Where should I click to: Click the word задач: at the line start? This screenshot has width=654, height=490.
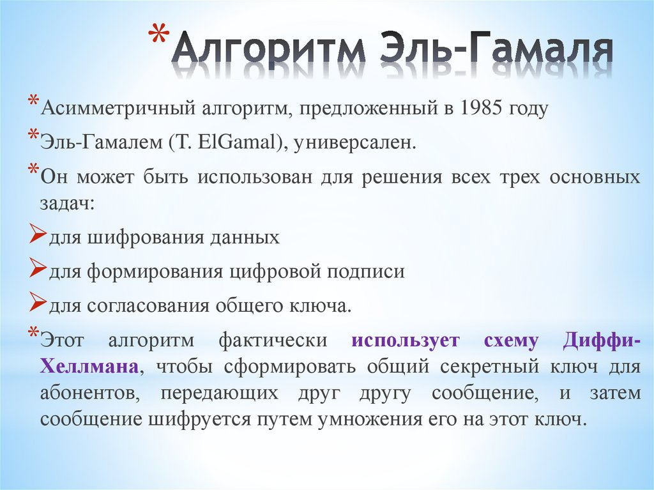(67, 204)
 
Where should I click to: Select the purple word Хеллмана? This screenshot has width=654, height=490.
(89, 367)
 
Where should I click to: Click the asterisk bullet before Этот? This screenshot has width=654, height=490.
(33, 332)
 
